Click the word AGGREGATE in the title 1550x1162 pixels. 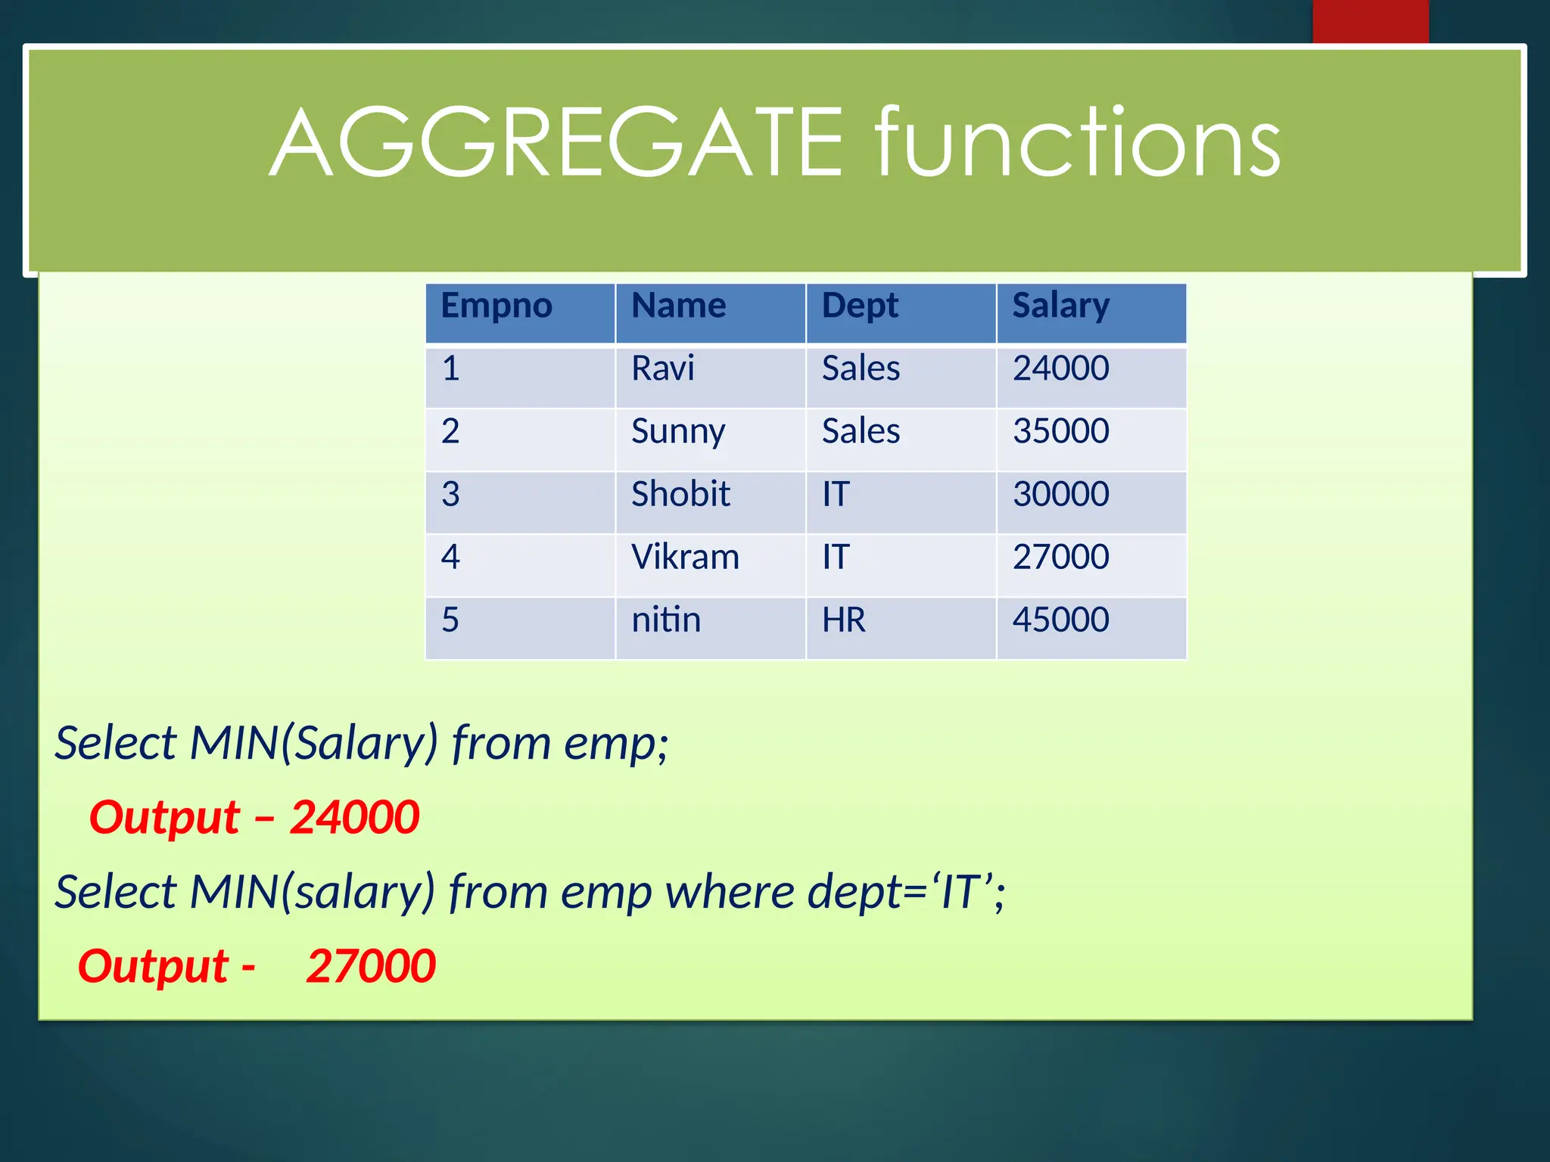[x=556, y=144]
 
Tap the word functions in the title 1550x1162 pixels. [x=1078, y=144]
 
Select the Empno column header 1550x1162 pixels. [x=496, y=306]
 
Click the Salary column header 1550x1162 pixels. [x=1061, y=306]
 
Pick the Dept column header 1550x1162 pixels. [x=860, y=306]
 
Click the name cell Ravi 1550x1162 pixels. [x=663, y=369]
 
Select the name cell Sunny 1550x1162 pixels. [x=678, y=432]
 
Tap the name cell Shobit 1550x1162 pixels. [x=680, y=495]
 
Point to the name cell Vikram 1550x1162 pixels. [x=685, y=558]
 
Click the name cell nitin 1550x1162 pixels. [x=666, y=620]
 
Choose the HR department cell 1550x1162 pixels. [x=843, y=620]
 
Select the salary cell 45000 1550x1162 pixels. [x=1061, y=620]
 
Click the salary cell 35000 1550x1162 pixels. [x=1061, y=432]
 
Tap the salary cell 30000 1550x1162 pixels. [x=1061, y=495]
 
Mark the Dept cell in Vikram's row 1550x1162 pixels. [x=836, y=558]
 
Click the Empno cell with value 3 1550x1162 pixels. [x=450, y=495]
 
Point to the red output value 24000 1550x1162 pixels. [x=354, y=818]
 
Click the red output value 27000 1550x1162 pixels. [x=371, y=967]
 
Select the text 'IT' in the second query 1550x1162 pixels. [x=960, y=892]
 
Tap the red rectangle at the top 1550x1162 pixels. [x=1370, y=21]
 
